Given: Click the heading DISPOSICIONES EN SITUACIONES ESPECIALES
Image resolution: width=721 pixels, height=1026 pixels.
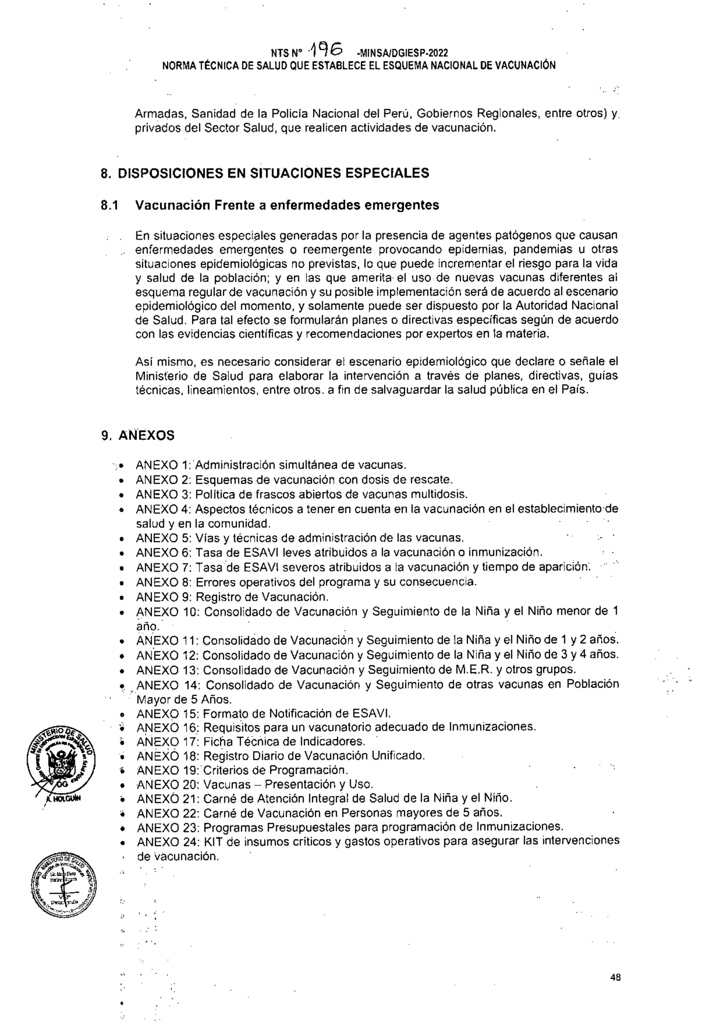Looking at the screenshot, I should click(x=273, y=173).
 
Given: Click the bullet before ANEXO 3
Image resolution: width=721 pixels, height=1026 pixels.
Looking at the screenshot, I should click(x=121, y=495).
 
